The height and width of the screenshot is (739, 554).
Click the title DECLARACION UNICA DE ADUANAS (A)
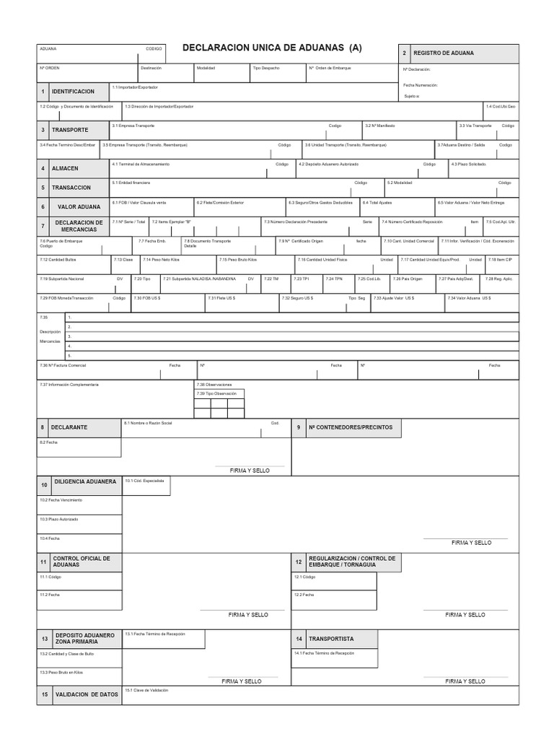(x=272, y=48)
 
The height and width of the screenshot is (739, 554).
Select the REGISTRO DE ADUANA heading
(x=444, y=53)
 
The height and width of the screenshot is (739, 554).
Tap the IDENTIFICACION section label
(x=73, y=92)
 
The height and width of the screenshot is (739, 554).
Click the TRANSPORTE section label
(x=71, y=130)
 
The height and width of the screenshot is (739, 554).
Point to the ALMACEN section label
(x=65, y=168)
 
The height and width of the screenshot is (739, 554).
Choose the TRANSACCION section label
(x=71, y=188)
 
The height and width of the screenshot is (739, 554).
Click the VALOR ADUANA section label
(x=79, y=207)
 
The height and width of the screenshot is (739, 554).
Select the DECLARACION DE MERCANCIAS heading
(x=79, y=226)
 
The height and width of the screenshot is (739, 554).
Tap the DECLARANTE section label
(x=71, y=427)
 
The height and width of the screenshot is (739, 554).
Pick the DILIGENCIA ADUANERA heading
(x=85, y=481)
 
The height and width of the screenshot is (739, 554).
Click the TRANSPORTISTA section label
(x=331, y=639)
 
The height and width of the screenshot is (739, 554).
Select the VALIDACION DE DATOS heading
(x=87, y=695)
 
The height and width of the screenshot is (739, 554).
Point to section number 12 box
(x=298, y=562)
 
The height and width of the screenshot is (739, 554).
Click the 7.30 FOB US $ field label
(x=147, y=298)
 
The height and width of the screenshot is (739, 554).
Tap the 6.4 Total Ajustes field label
(x=377, y=203)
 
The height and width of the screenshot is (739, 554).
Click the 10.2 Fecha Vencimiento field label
(x=56, y=500)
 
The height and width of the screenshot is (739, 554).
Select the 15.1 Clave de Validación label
(x=146, y=691)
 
